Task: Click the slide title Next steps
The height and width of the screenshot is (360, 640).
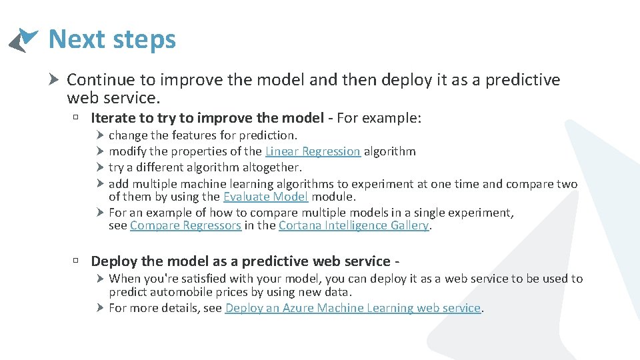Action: [x=112, y=39]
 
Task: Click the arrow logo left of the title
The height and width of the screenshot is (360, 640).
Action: [x=23, y=40]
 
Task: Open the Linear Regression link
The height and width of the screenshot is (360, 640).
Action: [x=313, y=151]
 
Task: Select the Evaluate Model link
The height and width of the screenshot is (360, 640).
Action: [x=265, y=197]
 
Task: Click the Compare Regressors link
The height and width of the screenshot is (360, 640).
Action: [x=185, y=225]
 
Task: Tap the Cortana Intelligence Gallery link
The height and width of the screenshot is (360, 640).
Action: [x=353, y=225]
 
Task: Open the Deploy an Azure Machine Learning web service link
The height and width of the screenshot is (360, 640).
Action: [x=353, y=308]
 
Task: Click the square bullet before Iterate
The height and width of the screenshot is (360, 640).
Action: [x=77, y=119]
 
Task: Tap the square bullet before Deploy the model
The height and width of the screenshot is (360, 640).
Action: [x=77, y=261]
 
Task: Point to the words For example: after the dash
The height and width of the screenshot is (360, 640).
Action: [x=379, y=118]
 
